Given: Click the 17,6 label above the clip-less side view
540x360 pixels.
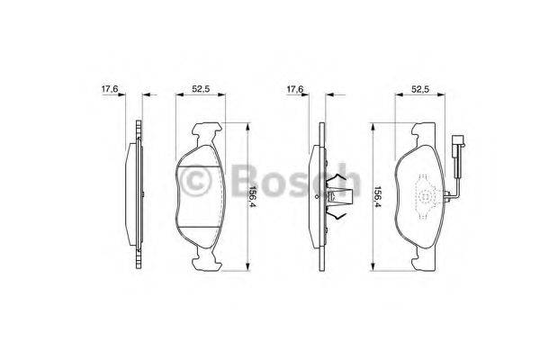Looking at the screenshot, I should click(109, 89).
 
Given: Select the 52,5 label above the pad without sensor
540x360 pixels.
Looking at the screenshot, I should click(200, 89).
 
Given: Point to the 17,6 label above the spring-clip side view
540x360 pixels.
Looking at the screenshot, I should click(295, 89).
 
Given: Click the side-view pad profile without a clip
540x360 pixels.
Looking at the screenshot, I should click(138, 196).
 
